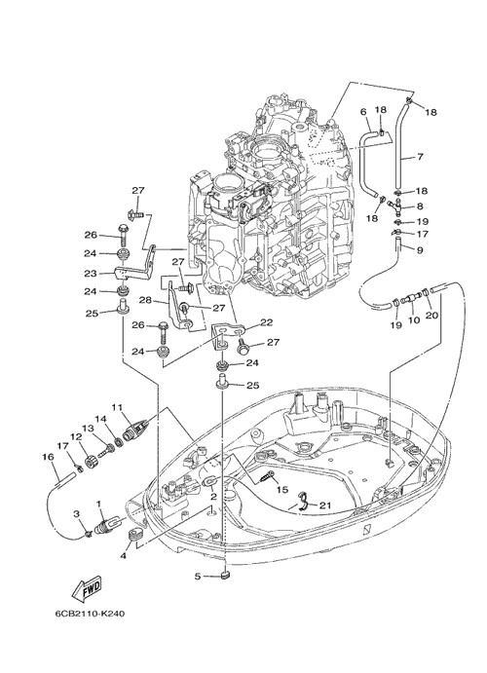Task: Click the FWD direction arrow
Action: pyautogui.click(x=87, y=588)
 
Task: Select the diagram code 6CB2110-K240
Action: pyautogui.click(x=90, y=614)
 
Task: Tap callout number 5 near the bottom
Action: pyautogui.click(x=198, y=576)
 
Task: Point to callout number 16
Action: pyautogui.click(x=48, y=457)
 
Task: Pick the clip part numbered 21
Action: pyautogui.click(x=304, y=503)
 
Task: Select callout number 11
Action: pyautogui.click(x=117, y=406)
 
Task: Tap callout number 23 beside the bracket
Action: pyautogui.click(x=92, y=273)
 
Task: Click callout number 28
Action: pyautogui.click(x=145, y=300)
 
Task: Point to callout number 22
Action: pyautogui.click(x=266, y=322)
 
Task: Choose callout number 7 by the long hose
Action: pyautogui.click(x=420, y=157)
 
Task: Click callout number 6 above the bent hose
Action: pyautogui.click(x=363, y=112)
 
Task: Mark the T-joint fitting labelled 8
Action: pyautogui.click(x=394, y=206)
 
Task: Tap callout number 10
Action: pyautogui.click(x=414, y=319)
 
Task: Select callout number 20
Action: pyautogui.click(x=431, y=315)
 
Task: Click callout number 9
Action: pyautogui.click(x=420, y=249)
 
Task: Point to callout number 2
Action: pyautogui.click(x=213, y=497)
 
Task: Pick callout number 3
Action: pyautogui.click(x=76, y=513)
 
